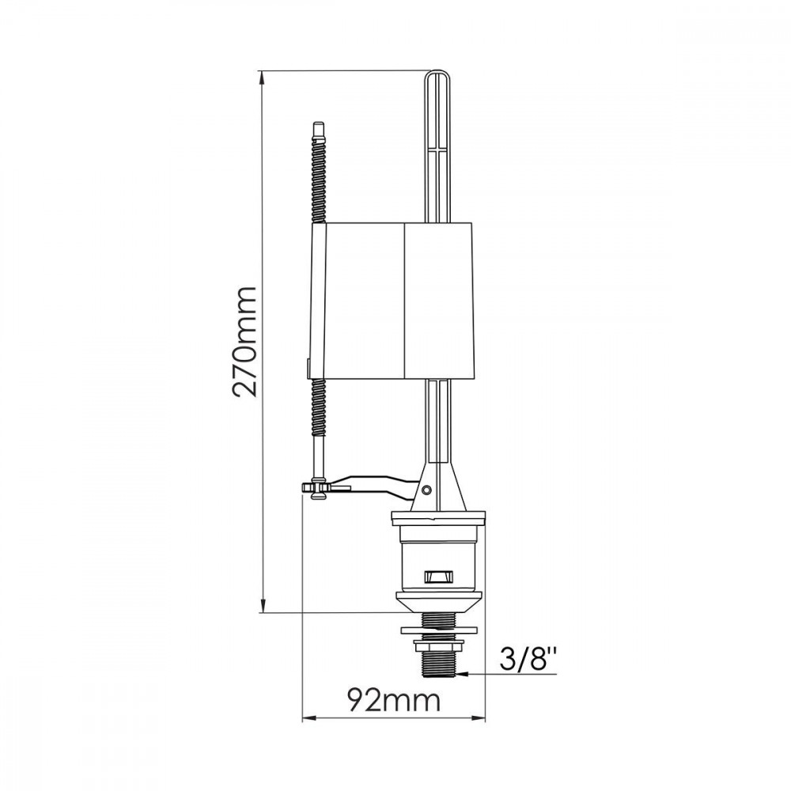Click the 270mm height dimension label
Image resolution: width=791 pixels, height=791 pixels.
tap(245, 342)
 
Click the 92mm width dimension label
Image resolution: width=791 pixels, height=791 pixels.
tap(394, 700)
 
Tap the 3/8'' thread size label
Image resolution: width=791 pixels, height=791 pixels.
tap(530, 658)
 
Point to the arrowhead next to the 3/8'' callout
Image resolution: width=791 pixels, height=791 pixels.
tap(474, 673)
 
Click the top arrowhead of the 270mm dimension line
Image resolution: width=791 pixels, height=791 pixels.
tap(263, 78)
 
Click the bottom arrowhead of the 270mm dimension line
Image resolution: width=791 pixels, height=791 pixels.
tap(263, 605)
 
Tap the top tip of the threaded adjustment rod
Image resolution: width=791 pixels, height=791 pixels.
tap(318, 123)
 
